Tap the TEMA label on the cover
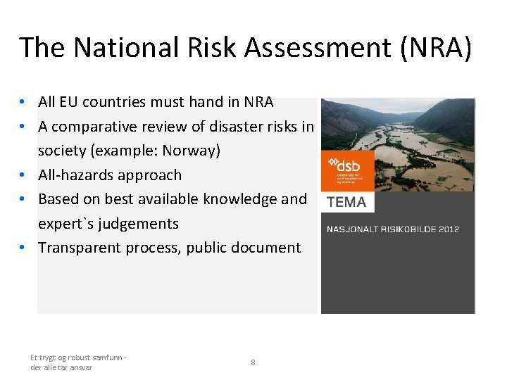pyautogui.click(x=346, y=202)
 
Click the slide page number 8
pyautogui.click(x=253, y=362)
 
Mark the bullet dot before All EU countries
pyautogui.click(x=23, y=102)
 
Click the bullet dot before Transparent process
pyautogui.click(x=23, y=248)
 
